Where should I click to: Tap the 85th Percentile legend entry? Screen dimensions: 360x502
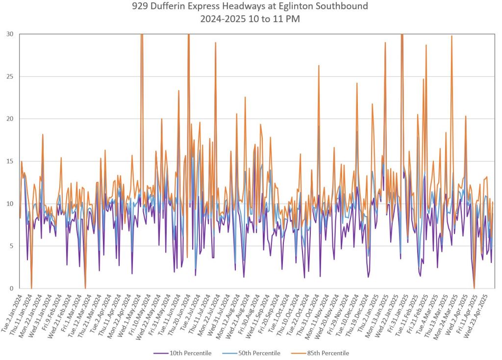[326, 353]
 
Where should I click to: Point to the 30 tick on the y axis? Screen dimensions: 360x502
[10, 34]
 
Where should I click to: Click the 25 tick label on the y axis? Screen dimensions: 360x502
[10, 76]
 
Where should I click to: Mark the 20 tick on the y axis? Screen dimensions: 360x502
[10, 119]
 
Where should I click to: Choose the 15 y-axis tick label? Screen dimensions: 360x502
[10, 161]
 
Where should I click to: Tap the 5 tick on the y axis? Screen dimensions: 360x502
[12, 246]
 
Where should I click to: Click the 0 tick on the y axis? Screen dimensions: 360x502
[12, 288]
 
